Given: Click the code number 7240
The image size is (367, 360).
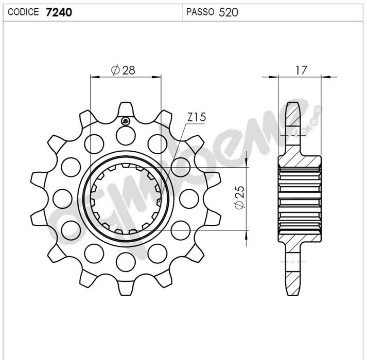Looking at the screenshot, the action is point(59,12).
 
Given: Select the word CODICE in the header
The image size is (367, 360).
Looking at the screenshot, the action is point(23,12).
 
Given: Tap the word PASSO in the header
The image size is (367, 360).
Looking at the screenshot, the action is point(200,12).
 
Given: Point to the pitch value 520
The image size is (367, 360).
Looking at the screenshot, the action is point(228,12).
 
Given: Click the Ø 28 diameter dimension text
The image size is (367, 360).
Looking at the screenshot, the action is point(123,70).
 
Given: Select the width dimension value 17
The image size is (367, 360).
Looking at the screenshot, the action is point(301,70).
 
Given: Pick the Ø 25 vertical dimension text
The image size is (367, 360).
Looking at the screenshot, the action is point(239,197).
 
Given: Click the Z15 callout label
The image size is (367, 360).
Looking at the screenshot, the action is point(197,117).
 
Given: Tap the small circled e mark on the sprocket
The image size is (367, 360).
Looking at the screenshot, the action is point(126,121).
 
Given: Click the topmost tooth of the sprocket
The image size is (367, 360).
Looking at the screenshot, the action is point(126,110).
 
